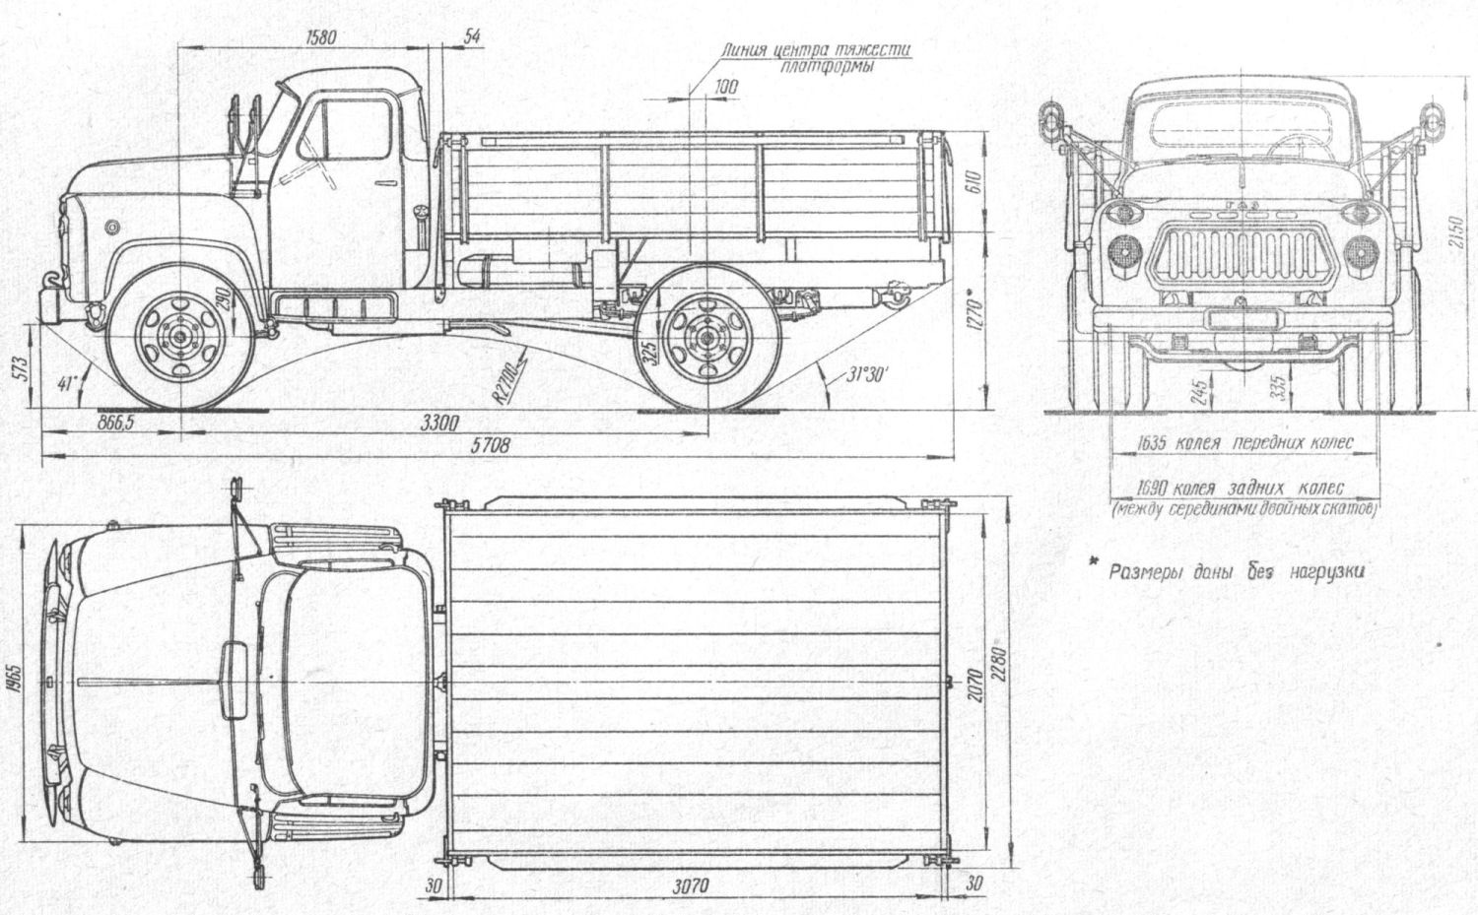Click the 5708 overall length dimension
pyautogui.click(x=490, y=445)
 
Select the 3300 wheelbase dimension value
pyautogui.click(x=439, y=425)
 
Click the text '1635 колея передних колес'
pyautogui.click(x=1244, y=443)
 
